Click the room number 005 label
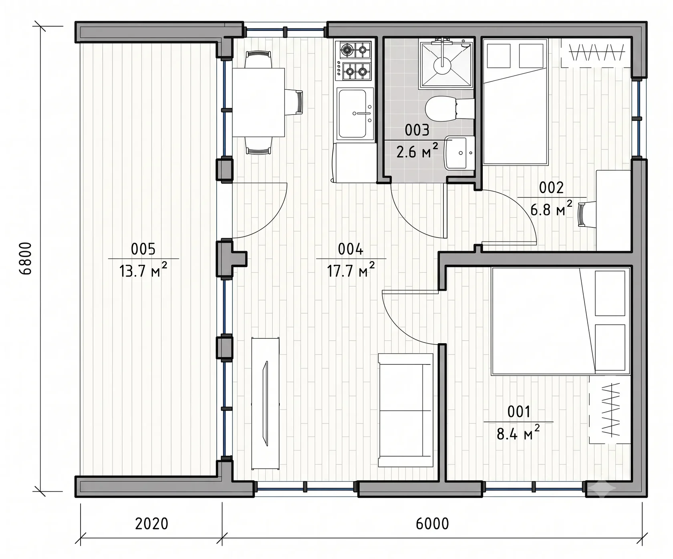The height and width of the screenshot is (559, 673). click(x=143, y=249)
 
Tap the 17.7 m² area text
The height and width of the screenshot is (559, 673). click(x=351, y=270)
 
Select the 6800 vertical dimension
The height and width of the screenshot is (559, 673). click(x=26, y=258)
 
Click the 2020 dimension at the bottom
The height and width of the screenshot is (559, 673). click(x=151, y=523)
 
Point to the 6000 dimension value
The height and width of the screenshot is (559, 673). click(x=432, y=523)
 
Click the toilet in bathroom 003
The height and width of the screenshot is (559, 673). click(x=449, y=109)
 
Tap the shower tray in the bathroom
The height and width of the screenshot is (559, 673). click(x=445, y=64)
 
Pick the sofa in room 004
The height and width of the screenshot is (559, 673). click(x=406, y=410)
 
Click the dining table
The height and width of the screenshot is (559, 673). click(x=258, y=103)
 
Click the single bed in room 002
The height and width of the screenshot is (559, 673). click(x=515, y=102)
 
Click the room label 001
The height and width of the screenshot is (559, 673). click(x=519, y=412)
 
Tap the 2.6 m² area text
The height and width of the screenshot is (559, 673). click(x=417, y=151)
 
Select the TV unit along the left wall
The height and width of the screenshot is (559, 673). click(x=265, y=403)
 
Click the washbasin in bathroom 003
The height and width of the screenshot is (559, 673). click(x=459, y=153)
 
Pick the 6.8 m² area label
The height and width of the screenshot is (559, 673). click(x=551, y=208)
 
